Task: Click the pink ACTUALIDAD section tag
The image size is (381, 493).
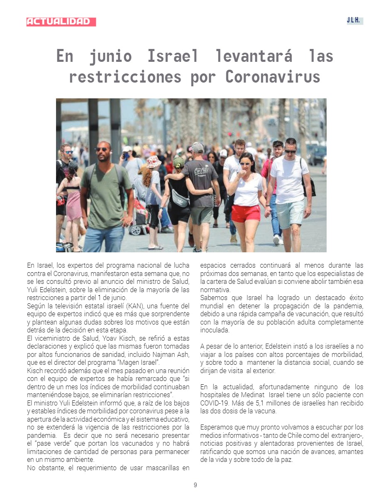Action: tap(61, 22)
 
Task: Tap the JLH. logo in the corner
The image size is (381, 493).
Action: tap(354, 21)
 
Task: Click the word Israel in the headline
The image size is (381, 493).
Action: tap(173, 56)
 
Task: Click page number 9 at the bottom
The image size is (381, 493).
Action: tap(195, 485)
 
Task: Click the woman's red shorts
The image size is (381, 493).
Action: tap(246, 213)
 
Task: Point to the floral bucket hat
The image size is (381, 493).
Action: tap(154, 161)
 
